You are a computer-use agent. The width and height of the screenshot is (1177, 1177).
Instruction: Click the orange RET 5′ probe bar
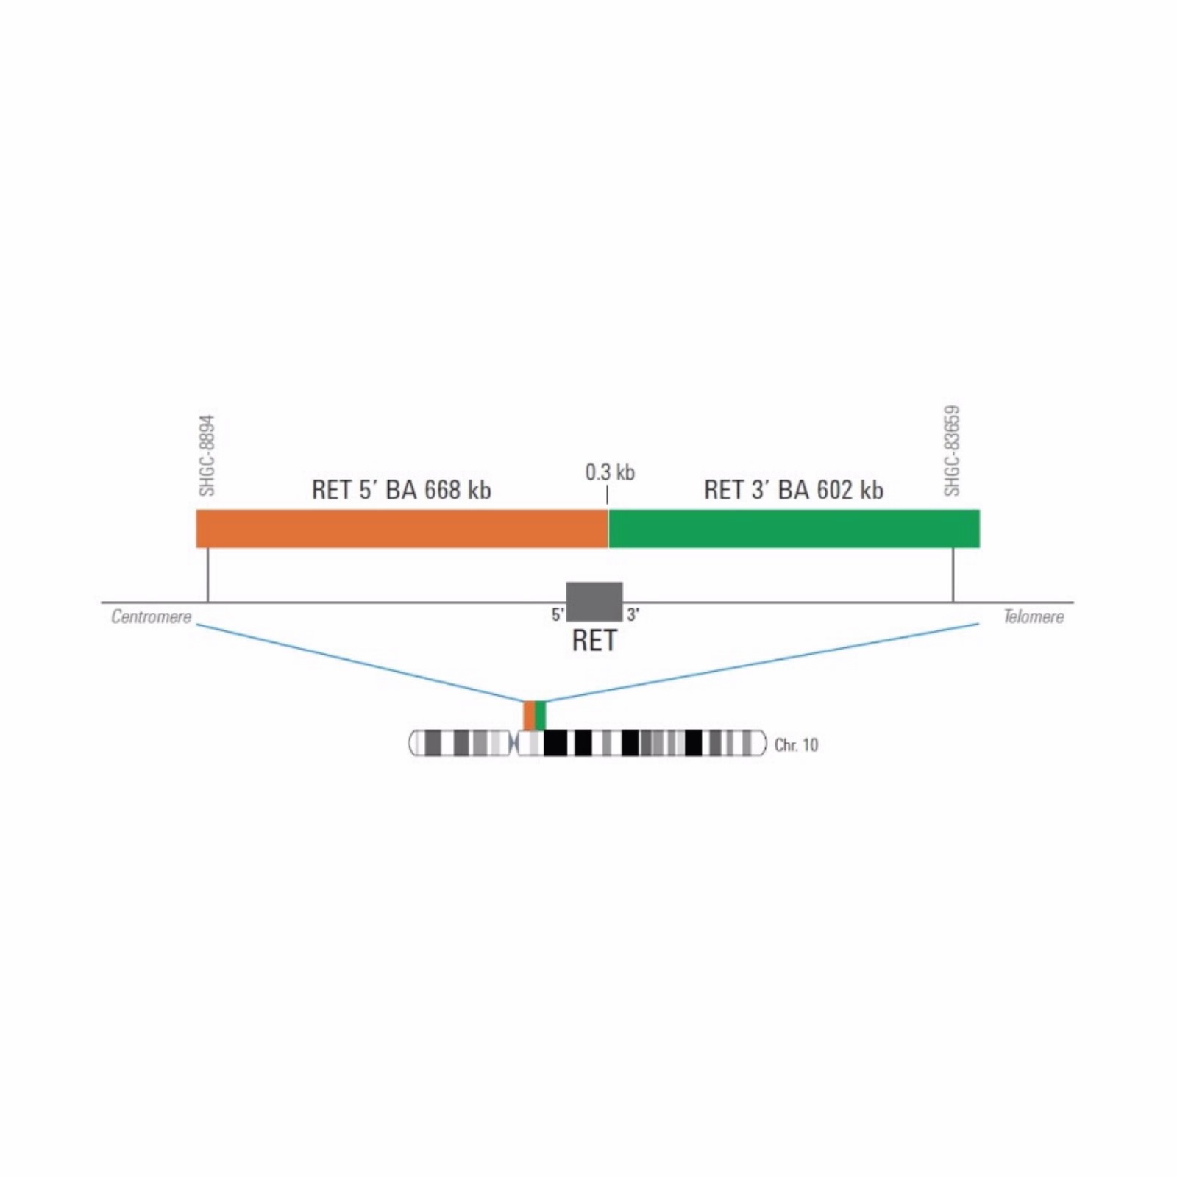click(402, 528)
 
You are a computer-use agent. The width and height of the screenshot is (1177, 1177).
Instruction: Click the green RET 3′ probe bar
click(794, 528)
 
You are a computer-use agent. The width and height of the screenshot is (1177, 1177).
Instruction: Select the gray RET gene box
click(594, 602)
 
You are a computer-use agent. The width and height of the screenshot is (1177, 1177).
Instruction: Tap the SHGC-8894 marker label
click(207, 456)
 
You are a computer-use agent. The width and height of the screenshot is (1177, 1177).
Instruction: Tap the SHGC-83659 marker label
click(952, 451)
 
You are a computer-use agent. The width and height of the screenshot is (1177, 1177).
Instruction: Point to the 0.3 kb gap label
click(610, 472)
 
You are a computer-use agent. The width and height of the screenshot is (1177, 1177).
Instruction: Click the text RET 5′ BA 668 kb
click(401, 490)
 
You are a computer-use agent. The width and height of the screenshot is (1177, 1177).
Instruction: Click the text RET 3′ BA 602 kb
click(794, 490)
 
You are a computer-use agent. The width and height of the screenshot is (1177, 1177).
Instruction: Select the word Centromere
click(151, 616)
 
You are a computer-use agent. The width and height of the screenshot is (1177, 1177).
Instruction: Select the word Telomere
click(1034, 616)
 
